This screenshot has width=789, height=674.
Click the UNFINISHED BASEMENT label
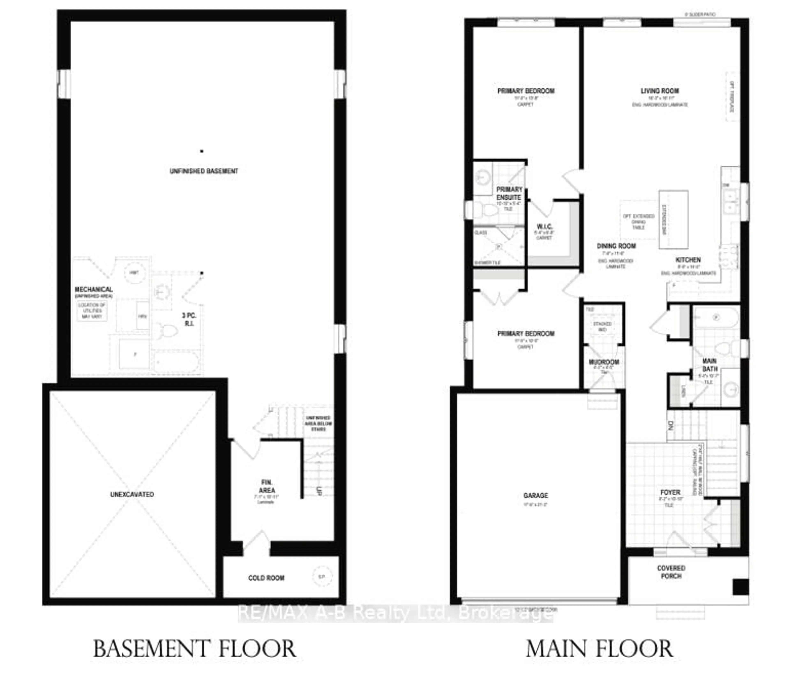(204, 171)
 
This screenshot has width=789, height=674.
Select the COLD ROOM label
(266, 578)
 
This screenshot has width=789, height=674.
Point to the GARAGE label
(535, 495)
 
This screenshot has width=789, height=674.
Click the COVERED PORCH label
(671, 572)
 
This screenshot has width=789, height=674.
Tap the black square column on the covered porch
(740, 587)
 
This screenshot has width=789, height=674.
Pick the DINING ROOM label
(616, 246)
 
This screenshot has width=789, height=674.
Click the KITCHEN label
(688, 260)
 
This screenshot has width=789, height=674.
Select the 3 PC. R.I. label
(189, 319)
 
